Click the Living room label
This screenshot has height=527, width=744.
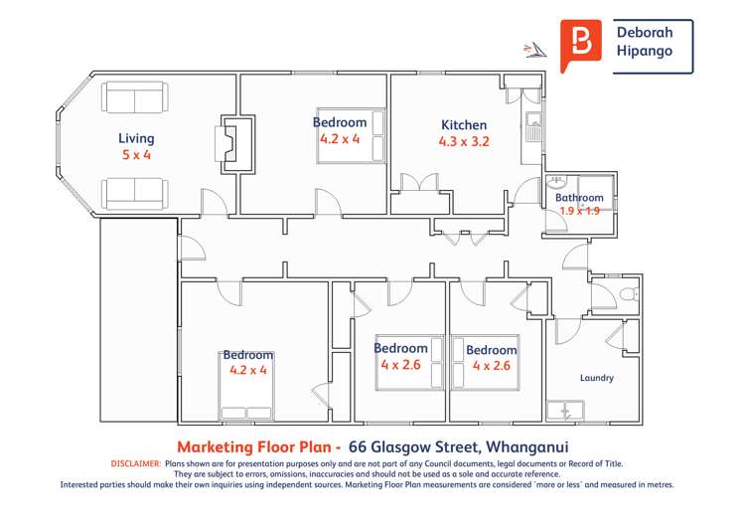click(136, 138)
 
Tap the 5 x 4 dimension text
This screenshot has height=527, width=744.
click(136, 155)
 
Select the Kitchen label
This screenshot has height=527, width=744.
click(464, 125)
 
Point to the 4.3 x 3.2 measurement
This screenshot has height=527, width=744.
click(464, 142)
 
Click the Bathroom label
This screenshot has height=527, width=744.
click(579, 198)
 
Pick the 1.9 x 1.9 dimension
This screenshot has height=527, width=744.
click(579, 211)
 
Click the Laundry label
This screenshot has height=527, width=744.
click(596, 378)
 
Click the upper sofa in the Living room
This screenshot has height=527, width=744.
click(136, 99)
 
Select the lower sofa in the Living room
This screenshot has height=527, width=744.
click(136, 191)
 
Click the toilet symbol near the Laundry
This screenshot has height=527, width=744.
click(627, 293)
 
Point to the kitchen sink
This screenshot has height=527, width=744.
click(533, 130)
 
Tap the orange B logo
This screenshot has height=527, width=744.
click(581, 43)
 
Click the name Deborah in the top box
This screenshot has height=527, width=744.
click(645, 33)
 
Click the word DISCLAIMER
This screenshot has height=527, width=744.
click(135, 463)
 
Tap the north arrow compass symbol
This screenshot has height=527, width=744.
click(535, 49)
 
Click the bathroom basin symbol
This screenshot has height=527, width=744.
click(556, 182)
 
